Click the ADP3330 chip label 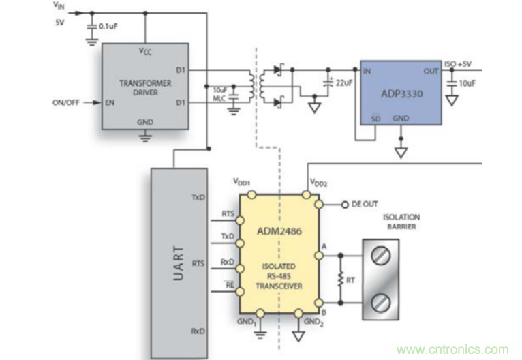click(401, 95)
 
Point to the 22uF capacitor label click(343, 82)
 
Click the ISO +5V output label click(458, 65)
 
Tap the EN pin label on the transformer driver click(110, 103)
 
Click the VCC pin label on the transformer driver click(144, 51)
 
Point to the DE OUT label click(365, 203)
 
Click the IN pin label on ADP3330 click(367, 70)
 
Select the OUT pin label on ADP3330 click(431, 70)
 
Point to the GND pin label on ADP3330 click(401, 118)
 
